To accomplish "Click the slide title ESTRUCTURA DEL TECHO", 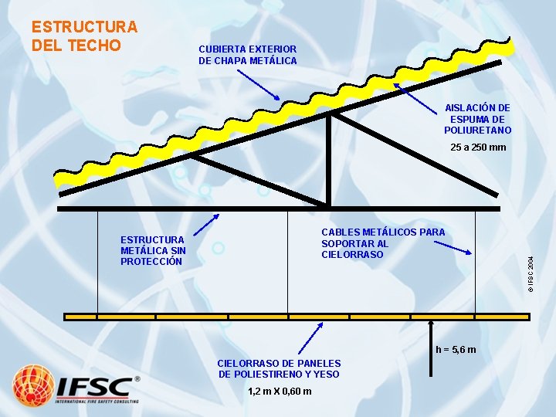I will [x=84, y=36].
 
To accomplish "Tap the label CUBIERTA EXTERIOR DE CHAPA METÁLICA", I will [x=247, y=54].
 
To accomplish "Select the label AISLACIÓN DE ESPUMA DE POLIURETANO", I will [x=477, y=119].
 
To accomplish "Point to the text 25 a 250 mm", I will [x=478, y=147].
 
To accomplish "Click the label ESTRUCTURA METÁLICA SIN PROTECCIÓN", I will [x=153, y=250].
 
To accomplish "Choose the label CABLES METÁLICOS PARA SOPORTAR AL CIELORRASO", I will [x=382, y=242].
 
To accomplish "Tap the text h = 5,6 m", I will [x=456, y=350].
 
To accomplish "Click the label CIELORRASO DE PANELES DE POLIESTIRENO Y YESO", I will [x=279, y=368].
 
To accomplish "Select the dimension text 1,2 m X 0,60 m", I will [x=280, y=391].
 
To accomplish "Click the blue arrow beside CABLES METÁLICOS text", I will [x=452, y=246].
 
